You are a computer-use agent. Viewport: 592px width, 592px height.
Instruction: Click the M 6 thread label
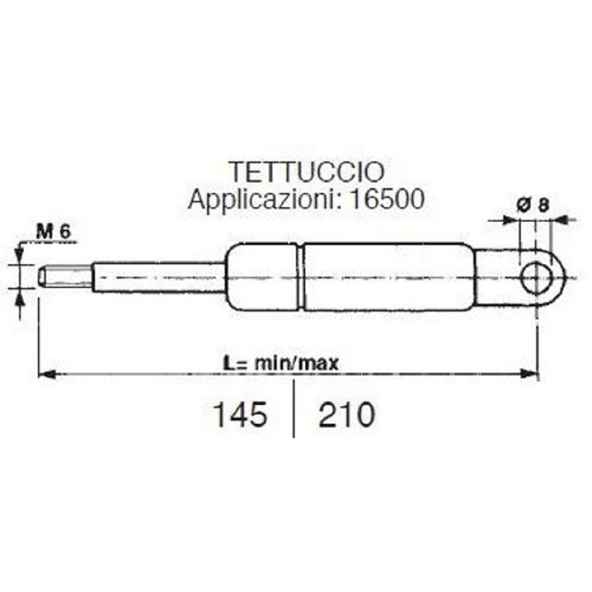pos(53,231)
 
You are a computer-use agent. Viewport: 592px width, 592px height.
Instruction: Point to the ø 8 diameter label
pos(532,205)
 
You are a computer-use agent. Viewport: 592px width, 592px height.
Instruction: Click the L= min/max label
pos(281,363)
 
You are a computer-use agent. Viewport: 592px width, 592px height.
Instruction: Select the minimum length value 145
pos(240,414)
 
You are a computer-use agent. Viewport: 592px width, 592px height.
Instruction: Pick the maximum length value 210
pos(346,414)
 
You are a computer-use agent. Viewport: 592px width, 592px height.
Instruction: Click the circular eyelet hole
pos(536,278)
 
